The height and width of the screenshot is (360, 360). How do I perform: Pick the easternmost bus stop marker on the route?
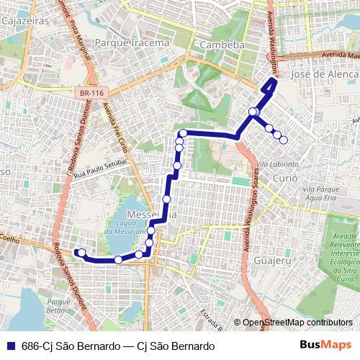point(284,140)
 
